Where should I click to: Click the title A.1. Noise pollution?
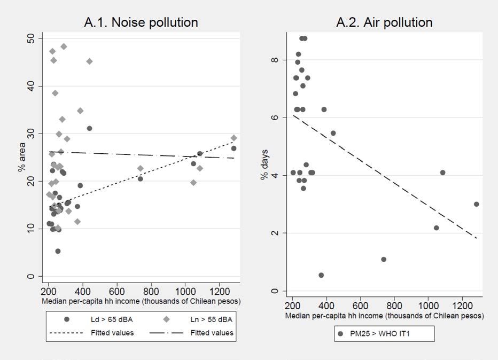(141, 22)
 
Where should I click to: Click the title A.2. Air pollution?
(384, 22)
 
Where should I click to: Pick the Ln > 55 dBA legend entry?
(204, 319)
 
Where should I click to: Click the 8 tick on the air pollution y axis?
(275, 60)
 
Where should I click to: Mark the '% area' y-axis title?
(21, 156)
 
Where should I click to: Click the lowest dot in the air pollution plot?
(321, 275)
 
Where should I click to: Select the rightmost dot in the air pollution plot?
(476, 204)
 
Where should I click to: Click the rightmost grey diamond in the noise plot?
(234, 138)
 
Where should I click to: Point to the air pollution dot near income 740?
(384, 259)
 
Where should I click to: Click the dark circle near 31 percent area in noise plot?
(89, 128)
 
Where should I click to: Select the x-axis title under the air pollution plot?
(385, 316)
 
